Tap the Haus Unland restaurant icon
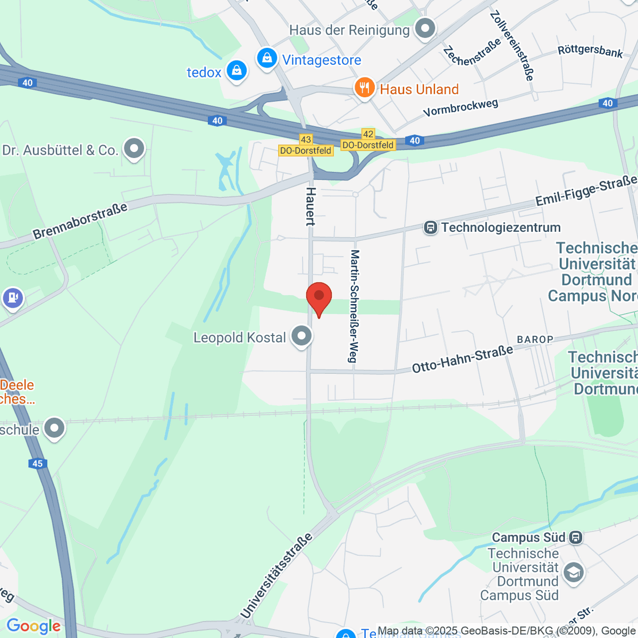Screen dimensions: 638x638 (x=364, y=87)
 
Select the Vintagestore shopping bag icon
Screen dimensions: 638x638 (x=267, y=58)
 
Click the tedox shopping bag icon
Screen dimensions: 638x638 (x=236, y=70)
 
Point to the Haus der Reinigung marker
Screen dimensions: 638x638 (x=424, y=29)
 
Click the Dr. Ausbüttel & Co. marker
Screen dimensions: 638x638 (x=134, y=149)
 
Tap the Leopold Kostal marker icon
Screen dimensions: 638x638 (x=302, y=337)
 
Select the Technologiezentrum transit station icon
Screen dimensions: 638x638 (x=430, y=228)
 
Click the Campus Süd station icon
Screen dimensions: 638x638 (x=575, y=538)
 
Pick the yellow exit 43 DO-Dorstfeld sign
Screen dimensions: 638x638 (x=306, y=145)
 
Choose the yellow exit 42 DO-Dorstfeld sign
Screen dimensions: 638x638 (x=368, y=140)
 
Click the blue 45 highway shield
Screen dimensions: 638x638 (x=37, y=464)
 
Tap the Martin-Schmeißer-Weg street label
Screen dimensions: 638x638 (x=354, y=306)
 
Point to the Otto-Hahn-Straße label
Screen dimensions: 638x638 (x=463, y=358)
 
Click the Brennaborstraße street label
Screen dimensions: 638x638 (x=80, y=221)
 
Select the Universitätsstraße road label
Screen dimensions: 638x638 (x=276, y=576)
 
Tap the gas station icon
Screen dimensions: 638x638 (x=13, y=298)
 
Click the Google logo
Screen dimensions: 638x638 (x=33, y=626)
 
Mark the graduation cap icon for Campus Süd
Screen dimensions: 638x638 (x=573, y=573)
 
